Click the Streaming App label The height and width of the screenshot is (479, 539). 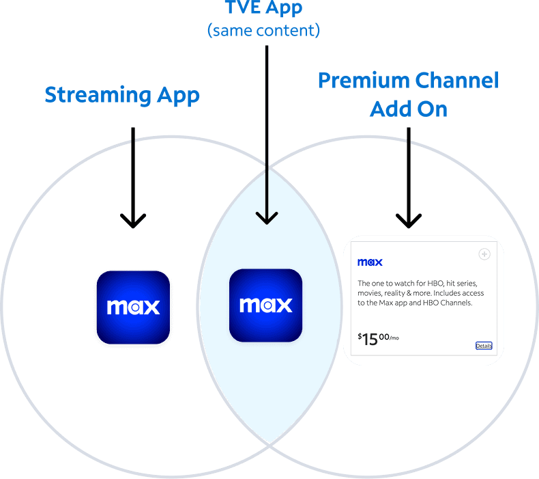(x=122, y=95)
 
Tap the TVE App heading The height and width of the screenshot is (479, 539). (x=264, y=8)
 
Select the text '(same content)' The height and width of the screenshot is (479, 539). (x=264, y=31)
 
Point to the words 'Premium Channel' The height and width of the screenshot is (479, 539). (x=409, y=81)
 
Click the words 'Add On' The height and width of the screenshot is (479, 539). (x=409, y=108)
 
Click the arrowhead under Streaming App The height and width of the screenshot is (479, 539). (x=133, y=219)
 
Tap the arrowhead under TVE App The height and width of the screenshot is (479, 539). (x=267, y=217)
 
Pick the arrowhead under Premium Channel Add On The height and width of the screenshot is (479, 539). (x=409, y=219)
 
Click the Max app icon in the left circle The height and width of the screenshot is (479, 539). (x=133, y=306)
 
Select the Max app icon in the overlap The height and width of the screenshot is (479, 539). (x=265, y=305)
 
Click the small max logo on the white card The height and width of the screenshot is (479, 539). (x=370, y=262)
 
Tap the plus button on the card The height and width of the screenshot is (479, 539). (x=484, y=254)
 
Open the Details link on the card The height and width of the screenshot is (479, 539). (x=483, y=346)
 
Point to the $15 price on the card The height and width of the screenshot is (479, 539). (x=368, y=338)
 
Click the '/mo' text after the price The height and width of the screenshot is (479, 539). (x=394, y=338)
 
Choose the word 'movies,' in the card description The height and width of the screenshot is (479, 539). (x=370, y=292)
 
